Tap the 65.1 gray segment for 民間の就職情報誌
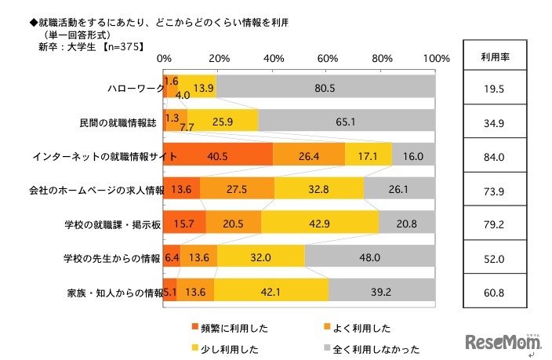347,122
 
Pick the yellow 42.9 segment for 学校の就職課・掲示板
319,223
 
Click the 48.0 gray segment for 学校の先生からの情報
369,256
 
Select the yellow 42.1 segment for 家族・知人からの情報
271,290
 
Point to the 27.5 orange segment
237,189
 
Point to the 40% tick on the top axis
274,59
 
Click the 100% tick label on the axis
435,59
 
